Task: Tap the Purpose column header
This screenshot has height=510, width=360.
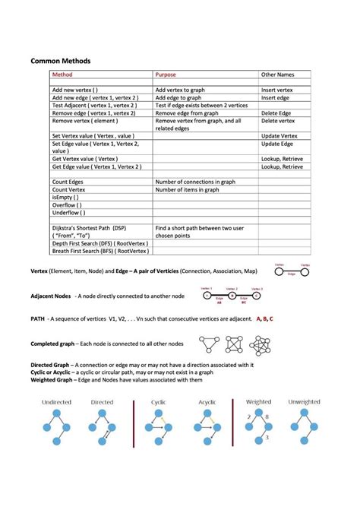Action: pos(166,75)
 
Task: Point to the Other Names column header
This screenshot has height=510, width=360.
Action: pos(277,75)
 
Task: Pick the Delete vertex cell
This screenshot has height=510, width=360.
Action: pos(278,120)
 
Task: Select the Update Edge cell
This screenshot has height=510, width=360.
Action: pos(278,143)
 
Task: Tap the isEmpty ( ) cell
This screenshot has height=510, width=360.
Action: pos(65,198)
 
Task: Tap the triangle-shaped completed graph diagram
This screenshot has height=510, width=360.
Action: pos(210,345)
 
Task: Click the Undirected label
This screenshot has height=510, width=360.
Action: pos(56,401)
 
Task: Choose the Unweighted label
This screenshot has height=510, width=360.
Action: pos(305,401)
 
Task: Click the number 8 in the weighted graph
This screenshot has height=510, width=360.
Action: pos(267,418)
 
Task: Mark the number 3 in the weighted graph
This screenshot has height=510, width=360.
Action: pos(267,439)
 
